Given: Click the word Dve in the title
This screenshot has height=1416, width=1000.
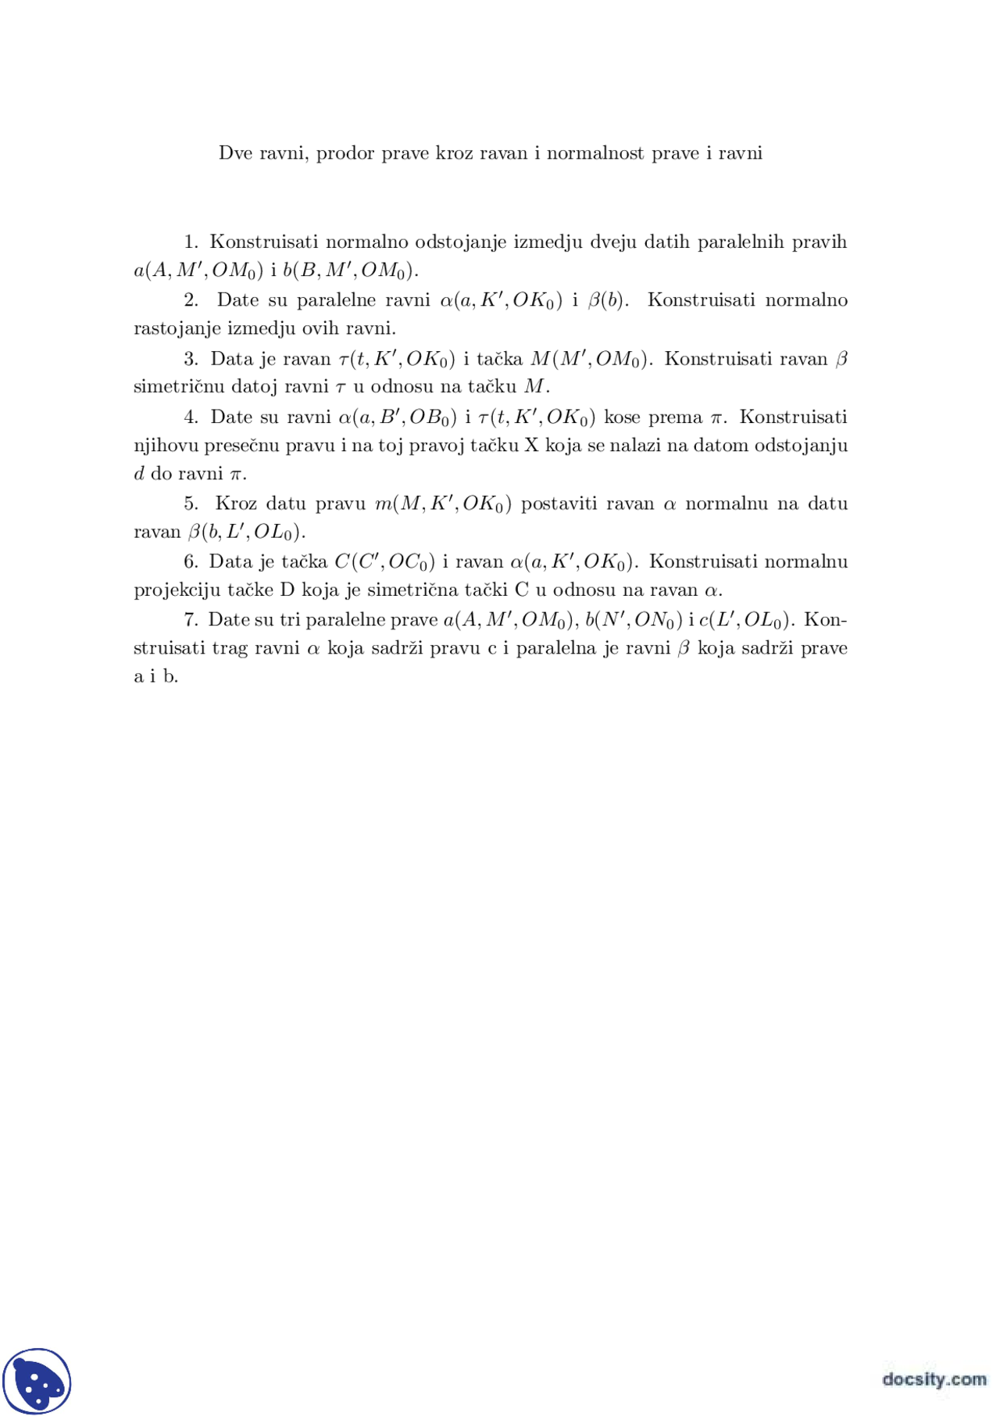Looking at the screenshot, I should point(234,153).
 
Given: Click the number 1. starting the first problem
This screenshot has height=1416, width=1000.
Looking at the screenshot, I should point(191,242).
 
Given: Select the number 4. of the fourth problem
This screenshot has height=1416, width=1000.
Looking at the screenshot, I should point(191,418).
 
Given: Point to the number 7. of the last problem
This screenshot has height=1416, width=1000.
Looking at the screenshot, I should point(191,620).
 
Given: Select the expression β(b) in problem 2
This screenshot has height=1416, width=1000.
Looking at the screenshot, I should point(608,300).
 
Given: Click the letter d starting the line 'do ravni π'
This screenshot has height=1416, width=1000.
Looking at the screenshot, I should point(140,473).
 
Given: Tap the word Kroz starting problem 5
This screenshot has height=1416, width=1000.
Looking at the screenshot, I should point(235,504).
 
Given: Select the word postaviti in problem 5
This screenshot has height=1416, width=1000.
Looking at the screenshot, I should point(559,504).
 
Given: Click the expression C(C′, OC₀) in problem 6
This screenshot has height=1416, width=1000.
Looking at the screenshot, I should point(384,562).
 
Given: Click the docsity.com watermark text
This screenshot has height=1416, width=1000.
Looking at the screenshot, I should point(934,1378).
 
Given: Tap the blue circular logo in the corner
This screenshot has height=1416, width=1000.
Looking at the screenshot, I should point(37,1382).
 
